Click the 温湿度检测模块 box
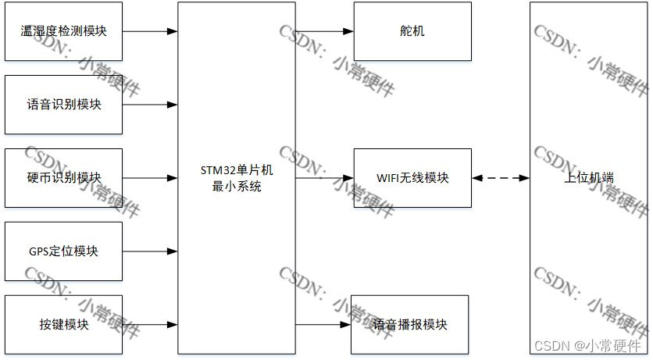click(63, 31)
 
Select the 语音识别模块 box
click(63, 105)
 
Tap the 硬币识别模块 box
click(63, 178)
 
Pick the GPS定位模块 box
click(63, 251)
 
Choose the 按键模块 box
click(63, 325)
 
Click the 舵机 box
click(412, 31)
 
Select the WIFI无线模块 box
click(412, 178)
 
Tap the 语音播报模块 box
click(409, 325)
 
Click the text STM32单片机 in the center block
click(237, 170)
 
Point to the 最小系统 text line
click(237, 186)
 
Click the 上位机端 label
click(588, 178)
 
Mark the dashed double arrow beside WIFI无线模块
click(501, 178)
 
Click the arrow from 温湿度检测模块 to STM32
click(150, 31)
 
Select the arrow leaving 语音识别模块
click(150, 105)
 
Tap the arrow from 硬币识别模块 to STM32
click(150, 178)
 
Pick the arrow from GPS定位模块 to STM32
click(150, 251)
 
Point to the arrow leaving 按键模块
click(150, 325)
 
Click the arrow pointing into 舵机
click(324, 31)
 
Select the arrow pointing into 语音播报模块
click(323, 325)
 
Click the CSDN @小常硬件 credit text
click(587, 345)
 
